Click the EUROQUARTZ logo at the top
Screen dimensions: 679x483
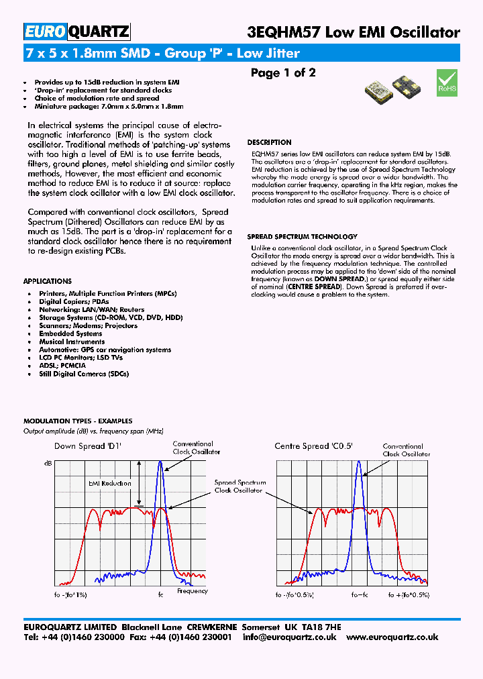coord(76,32)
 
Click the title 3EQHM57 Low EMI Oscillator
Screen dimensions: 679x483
coord(354,32)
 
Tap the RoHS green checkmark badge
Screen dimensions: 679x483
coord(447,82)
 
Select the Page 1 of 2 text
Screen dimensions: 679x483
coord(282,72)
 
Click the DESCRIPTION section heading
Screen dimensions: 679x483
coord(269,142)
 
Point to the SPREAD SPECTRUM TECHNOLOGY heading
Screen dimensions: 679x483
coord(302,237)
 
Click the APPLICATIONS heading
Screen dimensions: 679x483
coord(47,281)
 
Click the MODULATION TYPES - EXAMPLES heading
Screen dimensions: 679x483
coord(77,421)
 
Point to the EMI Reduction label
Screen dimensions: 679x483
coord(110,483)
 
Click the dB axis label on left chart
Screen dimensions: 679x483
coord(48,463)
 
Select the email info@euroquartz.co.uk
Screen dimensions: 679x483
coord(289,637)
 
